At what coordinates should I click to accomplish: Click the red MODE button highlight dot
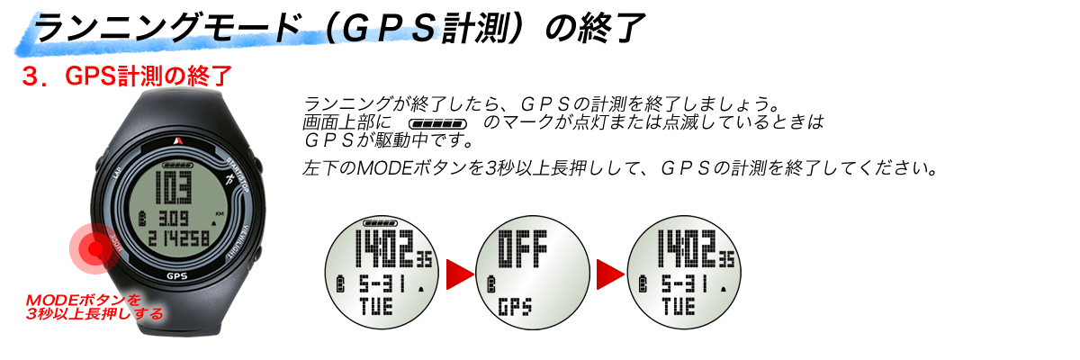pyautogui.click(x=95, y=248)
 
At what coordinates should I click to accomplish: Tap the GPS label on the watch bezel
pyautogui.click(x=176, y=276)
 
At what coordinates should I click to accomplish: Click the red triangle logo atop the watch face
pyautogui.click(x=178, y=140)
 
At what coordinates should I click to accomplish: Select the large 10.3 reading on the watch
pyautogui.click(x=173, y=187)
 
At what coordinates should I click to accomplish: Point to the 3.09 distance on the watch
pyautogui.click(x=173, y=219)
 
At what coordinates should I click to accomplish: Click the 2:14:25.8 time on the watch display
pyautogui.click(x=178, y=238)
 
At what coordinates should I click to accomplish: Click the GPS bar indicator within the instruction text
pyautogui.click(x=437, y=124)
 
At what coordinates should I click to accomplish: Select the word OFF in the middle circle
pyautogui.click(x=523, y=248)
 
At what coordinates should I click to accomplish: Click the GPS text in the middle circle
pyautogui.click(x=515, y=307)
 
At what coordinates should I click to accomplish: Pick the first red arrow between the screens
pyautogui.click(x=460, y=274)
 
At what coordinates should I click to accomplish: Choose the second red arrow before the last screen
pyautogui.click(x=610, y=274)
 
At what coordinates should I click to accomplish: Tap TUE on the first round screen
pyautogui.click(x=376, y=307)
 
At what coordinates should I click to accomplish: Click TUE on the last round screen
pyautogui.click(x=679, y=307)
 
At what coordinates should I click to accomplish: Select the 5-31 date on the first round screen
pyautogui.click(x=382, y=284)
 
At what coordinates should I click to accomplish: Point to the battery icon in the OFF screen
pyautogui.click(x=491, y=283)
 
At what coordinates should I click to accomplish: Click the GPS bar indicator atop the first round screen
pyautogui.click(x=380, y=222)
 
